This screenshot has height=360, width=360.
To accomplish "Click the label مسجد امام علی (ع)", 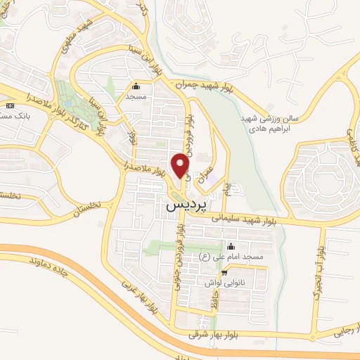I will (231, 259).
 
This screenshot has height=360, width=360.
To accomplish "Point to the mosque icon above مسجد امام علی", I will (231, 247).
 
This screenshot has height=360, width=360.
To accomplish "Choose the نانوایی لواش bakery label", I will (224, 283).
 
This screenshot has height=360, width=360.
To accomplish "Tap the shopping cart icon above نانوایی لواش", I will (224, 273).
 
